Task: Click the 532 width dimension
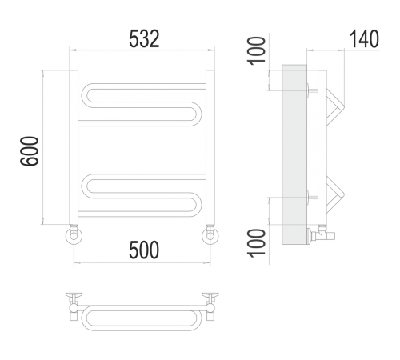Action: tap(145, 40)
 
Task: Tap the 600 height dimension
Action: tap(30, 150)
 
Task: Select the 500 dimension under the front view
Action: tap(143, 250)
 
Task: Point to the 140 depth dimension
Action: tap(363, 40)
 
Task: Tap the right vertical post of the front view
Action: tap(210, 148)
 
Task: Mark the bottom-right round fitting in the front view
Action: tap(211, 235)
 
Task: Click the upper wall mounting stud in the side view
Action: tap(309, 88)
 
